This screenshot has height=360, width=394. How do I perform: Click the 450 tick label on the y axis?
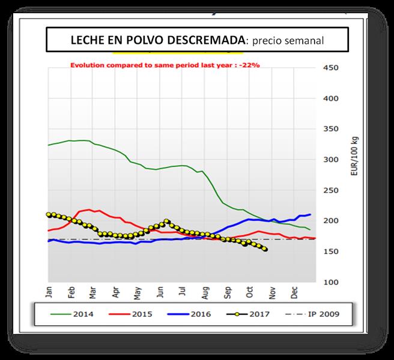(x=332, y=67)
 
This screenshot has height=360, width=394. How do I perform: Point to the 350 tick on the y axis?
(x=332, y=128)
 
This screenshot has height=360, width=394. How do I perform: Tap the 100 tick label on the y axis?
(x=332, y=282)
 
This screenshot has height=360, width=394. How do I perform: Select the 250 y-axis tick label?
(x=332, y=190)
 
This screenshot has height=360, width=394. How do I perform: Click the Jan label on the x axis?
(x=49, y=292)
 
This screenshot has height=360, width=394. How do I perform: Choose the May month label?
(x=138, y=292)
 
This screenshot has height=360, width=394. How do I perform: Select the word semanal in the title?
(x=306, y=41)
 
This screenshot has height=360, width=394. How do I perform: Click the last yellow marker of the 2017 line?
(x=265, y=249)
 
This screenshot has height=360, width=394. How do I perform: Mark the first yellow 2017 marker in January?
(x=49, y=214)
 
